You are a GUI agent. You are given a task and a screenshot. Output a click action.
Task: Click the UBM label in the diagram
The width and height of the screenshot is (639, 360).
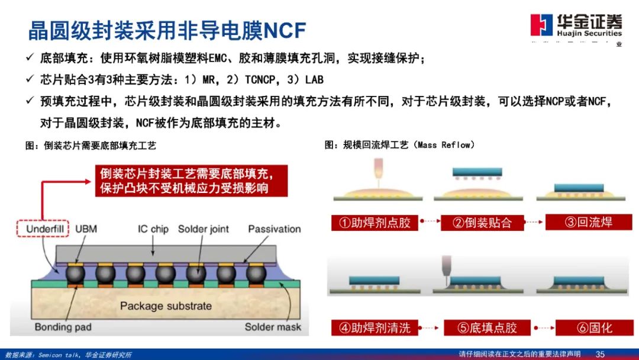(86, 229)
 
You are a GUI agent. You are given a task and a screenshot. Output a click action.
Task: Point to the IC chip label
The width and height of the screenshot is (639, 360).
(153, 229)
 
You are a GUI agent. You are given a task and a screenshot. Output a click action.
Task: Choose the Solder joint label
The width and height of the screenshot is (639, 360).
(203, 229)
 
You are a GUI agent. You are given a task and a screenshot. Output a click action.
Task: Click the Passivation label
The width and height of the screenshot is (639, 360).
(274, 229)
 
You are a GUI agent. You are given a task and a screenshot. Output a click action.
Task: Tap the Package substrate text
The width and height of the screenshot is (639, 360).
(166, 306)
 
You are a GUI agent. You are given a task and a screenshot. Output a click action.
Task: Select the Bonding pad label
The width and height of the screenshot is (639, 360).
(62, 327)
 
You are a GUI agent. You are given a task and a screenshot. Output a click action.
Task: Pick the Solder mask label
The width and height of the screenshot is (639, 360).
(273, 327)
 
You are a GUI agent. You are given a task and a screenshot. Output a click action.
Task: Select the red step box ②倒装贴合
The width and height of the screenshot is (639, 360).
(481, 223)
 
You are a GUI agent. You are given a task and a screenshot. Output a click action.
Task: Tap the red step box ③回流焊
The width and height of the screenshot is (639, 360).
(588, 222)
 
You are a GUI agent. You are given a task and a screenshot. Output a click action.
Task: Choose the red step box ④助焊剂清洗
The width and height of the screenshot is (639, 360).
(375, 327)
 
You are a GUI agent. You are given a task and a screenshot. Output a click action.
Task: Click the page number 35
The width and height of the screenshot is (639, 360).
(600, 354)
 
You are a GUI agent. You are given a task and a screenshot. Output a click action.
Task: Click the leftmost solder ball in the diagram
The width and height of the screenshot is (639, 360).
(76, 274)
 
